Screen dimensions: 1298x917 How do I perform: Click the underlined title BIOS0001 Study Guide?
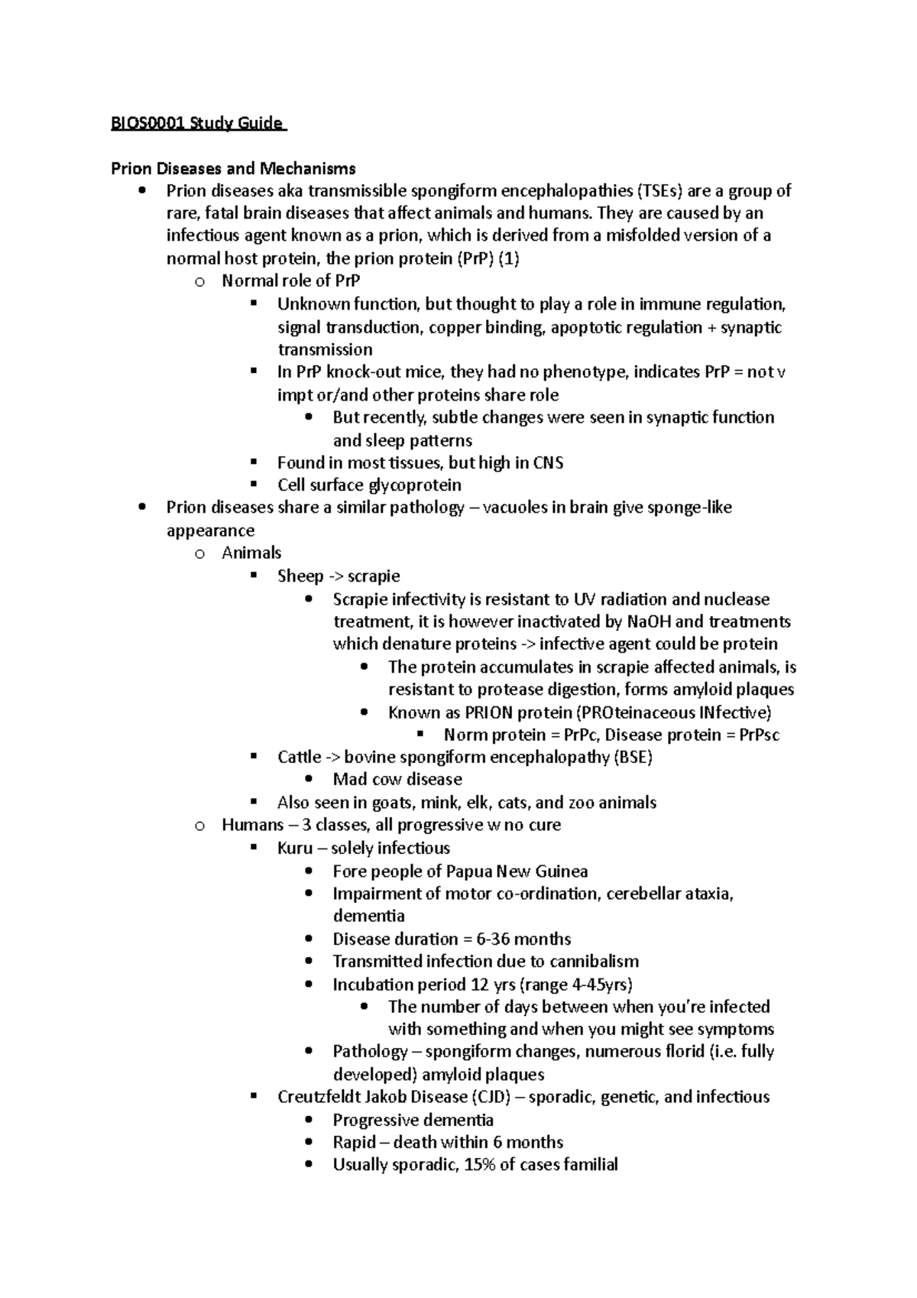pyautogui.click(x=196, y=123)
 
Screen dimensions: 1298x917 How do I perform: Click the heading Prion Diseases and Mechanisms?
pyautogui.click(x=233, y=168)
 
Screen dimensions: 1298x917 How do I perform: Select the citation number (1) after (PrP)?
pyautogui.click(x=509, y=258)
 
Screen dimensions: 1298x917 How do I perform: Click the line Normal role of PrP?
pyautogui.click(x=290, y=281)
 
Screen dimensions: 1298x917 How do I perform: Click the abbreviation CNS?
pyautogui.click(x=547, y=462)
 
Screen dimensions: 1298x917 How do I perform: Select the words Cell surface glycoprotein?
pyautogui.click(x=369, y=485)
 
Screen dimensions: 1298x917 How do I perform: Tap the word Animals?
pyautogui.click(x=251, y=553)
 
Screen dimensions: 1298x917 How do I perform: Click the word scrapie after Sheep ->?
pyautogui.click(x=374, y=576)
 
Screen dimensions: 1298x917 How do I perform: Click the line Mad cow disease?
pyautogui.click(x=397, y=780)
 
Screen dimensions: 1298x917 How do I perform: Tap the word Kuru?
pyautogui.click(x=294, y=848)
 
